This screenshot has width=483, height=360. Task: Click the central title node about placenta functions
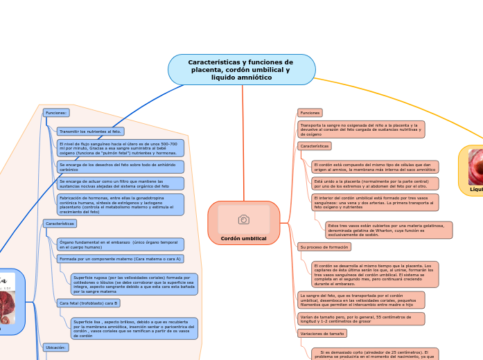241,70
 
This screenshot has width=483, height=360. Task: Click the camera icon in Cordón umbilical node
243,219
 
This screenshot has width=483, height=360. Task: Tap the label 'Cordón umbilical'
243,237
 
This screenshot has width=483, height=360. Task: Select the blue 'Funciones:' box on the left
56,112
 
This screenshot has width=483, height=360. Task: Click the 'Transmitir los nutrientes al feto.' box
90,131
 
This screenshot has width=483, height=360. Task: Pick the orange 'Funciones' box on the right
310,112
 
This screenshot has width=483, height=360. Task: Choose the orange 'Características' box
314,146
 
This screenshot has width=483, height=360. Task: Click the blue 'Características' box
60,224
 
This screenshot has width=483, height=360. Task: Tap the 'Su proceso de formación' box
324,246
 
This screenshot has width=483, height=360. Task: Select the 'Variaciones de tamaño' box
322,334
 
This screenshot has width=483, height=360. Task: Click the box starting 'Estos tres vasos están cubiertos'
389,230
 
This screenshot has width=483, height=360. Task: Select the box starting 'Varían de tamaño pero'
360,318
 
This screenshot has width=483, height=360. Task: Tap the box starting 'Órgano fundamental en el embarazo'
121,244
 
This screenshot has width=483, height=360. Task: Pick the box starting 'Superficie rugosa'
134,284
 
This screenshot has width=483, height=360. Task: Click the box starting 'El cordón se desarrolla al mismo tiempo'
374,274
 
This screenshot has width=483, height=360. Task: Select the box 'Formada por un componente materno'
120,259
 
